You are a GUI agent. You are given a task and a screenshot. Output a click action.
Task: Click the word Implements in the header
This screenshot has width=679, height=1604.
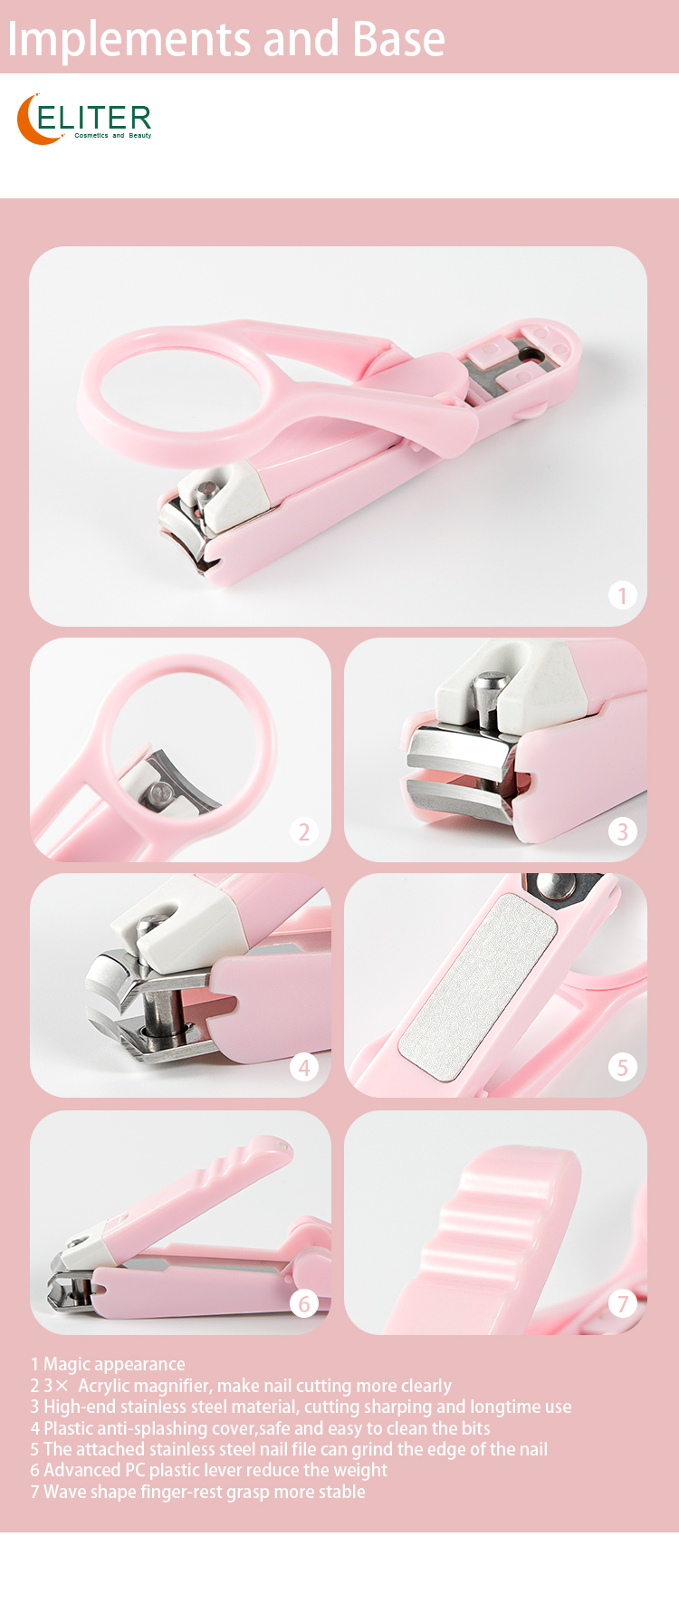128,40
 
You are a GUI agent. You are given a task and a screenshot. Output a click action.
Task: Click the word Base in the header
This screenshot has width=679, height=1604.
398,40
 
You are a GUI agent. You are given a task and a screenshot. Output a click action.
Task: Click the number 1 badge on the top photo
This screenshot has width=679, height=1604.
622,595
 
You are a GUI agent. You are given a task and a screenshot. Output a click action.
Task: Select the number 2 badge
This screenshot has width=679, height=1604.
304,831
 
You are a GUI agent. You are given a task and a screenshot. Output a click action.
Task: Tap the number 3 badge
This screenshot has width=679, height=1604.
622,831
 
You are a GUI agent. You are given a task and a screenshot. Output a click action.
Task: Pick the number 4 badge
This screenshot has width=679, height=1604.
304,1067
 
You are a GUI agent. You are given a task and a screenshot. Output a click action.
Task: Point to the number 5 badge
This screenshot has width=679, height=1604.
622,1067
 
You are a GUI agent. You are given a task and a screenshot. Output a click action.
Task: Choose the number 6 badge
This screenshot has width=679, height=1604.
304,1303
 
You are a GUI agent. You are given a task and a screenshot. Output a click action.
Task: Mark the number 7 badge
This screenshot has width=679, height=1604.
622,1303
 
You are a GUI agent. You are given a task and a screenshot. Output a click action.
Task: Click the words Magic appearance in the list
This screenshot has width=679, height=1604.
114,1364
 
